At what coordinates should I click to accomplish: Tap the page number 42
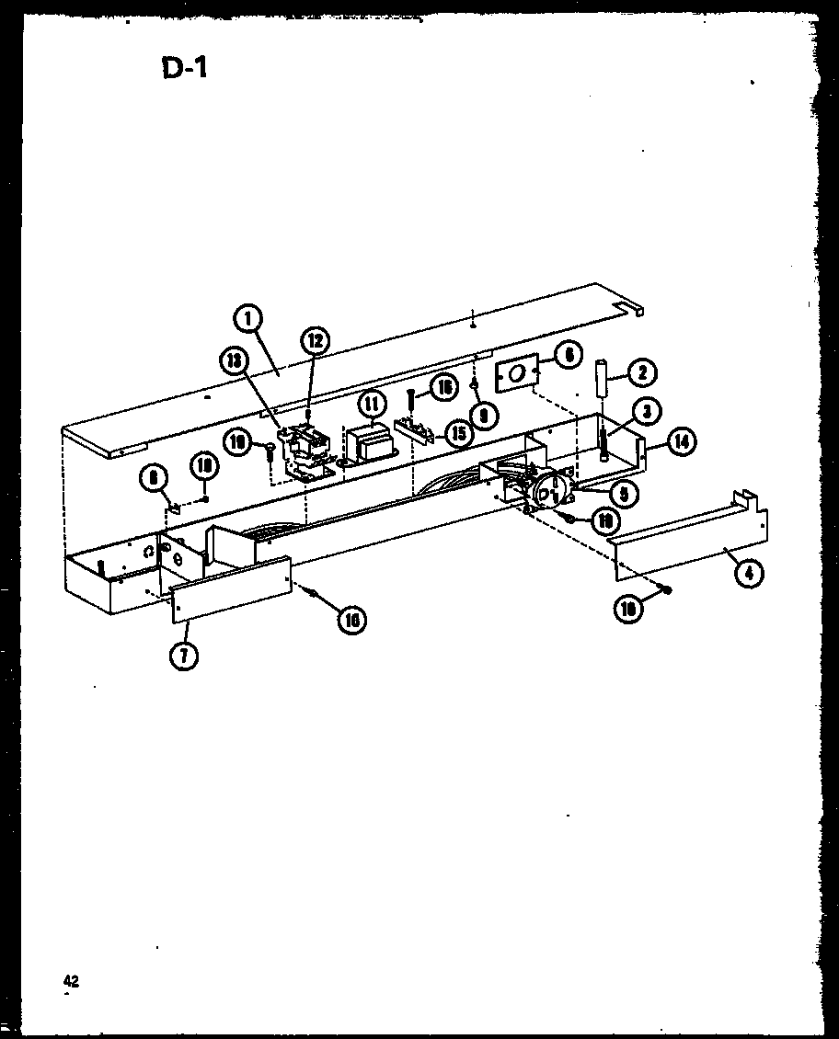(71, 981)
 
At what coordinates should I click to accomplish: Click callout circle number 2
(642, 371)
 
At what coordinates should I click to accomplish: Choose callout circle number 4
(749, 574)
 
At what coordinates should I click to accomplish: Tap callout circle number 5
(624, 494)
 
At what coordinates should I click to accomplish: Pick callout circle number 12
(315, 341)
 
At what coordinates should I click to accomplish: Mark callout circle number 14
(681, 441)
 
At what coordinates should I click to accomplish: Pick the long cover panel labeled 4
(690, 543)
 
